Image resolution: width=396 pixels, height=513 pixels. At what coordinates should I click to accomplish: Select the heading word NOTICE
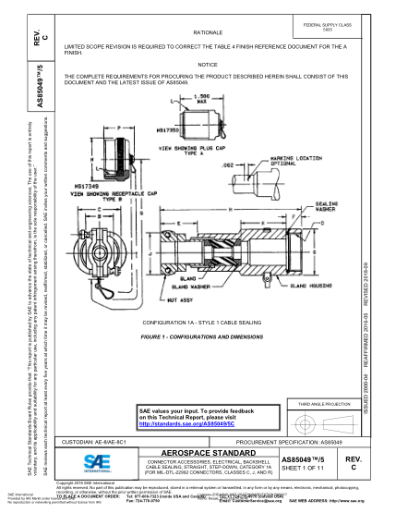pos(210,64)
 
